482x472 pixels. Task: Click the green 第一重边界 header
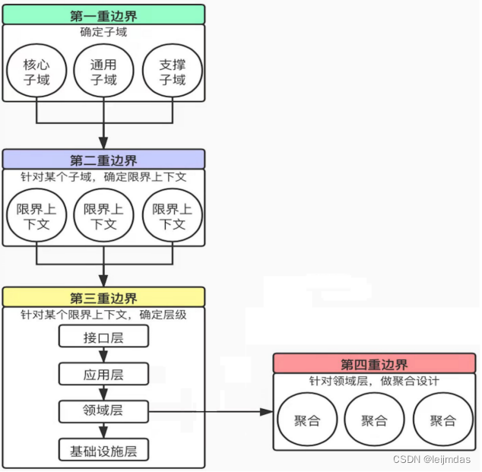(x=103, y=14)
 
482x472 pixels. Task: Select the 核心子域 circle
(x=36, y=72)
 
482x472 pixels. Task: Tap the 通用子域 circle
(x=103, y=72)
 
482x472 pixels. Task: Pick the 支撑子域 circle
(x=173, y=72)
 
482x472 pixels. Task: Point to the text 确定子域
(x=103, y=33)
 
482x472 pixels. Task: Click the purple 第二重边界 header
(x=103, y=160)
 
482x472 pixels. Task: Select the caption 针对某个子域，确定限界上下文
(x=103, y=176)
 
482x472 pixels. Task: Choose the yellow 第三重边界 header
(x=103, y=297)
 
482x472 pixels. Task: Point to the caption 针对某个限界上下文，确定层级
(x=103, y=314)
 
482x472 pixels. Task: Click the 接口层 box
(x=103, y=337)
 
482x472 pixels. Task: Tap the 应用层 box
(x=103, y=374)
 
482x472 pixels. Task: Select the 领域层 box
(x=103, y=411)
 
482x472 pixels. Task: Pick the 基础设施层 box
(x=103, y=450)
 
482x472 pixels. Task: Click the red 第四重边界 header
(x=374, y=364)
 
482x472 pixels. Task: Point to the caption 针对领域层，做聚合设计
(x=374, y=382)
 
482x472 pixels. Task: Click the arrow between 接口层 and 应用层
(x=103, y=356)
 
